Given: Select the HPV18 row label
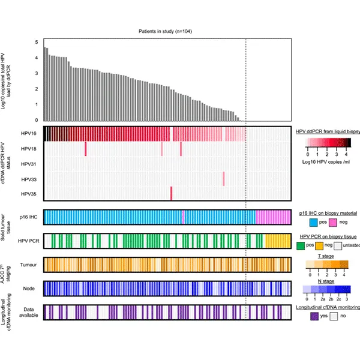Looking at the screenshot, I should pyautogui.click(x=28, y=149).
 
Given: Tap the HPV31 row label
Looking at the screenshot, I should pyautogui.click(x=28, y=164).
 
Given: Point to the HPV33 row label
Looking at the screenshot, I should pyautogui.click(x=28, y=179).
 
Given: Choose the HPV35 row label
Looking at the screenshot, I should pyautogui.click(x=28, y=194).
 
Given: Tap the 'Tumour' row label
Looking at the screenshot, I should pyautogui.click(x=29, y=265).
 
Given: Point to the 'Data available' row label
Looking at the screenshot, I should pyautogui.click(x=29, y=312).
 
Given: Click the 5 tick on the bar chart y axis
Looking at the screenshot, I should pyautogui.click(x=37, y=43).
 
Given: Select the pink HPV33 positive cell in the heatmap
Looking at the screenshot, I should pyautogui.click(x=223, y=179).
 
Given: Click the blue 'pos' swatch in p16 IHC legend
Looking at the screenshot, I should pyautogui.click(x=305, y=223).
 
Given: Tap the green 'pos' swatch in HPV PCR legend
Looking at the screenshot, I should pyautogui.click(x=301, y=247).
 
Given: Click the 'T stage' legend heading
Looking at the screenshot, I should pyautogui.click(x=326, y=257).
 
